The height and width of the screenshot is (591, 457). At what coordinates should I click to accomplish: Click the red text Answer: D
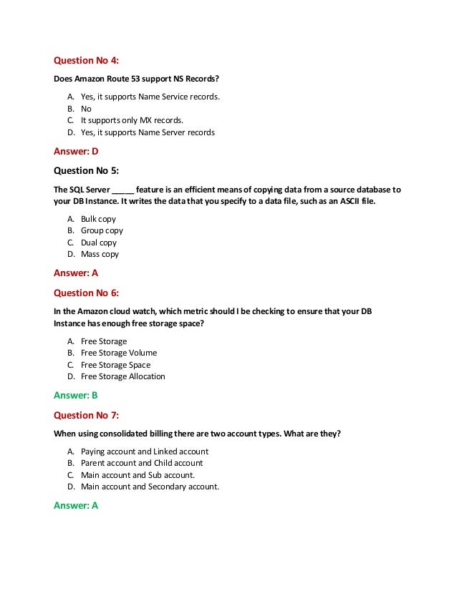tap(76, 151)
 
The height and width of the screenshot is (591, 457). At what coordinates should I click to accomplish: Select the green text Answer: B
tap(76, 395)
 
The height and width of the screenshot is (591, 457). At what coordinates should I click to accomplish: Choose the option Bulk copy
tap(98, 219)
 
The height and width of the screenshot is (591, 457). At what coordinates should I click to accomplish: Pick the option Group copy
tap(102, 230)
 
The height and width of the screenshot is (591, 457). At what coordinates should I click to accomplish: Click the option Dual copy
tap(99, 243)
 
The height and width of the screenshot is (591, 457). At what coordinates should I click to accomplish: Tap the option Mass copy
tap(100, 254)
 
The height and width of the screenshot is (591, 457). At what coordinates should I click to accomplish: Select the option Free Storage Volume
tap(119, 353)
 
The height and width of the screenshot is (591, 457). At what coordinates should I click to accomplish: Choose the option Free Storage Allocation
tap(123, 376)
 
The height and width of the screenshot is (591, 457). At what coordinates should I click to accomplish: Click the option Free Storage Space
tap(116, 365)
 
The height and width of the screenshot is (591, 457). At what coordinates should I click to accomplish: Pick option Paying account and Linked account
tap(145, 451)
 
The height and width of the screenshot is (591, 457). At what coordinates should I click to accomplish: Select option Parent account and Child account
tap(142, 463)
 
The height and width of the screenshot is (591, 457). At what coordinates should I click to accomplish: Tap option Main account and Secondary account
tap(150, 487)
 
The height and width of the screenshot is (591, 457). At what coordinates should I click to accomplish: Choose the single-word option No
tap(86, 109)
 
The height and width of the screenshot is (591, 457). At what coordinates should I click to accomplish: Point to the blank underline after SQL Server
tap(122, 190)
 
